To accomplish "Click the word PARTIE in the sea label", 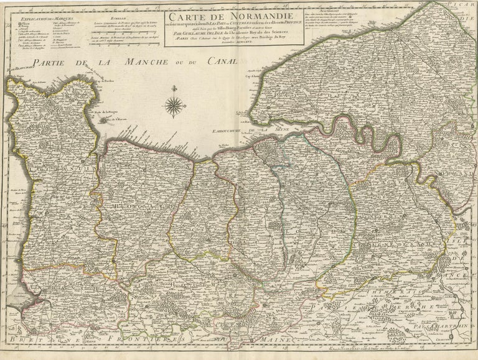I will click(54, 62).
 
